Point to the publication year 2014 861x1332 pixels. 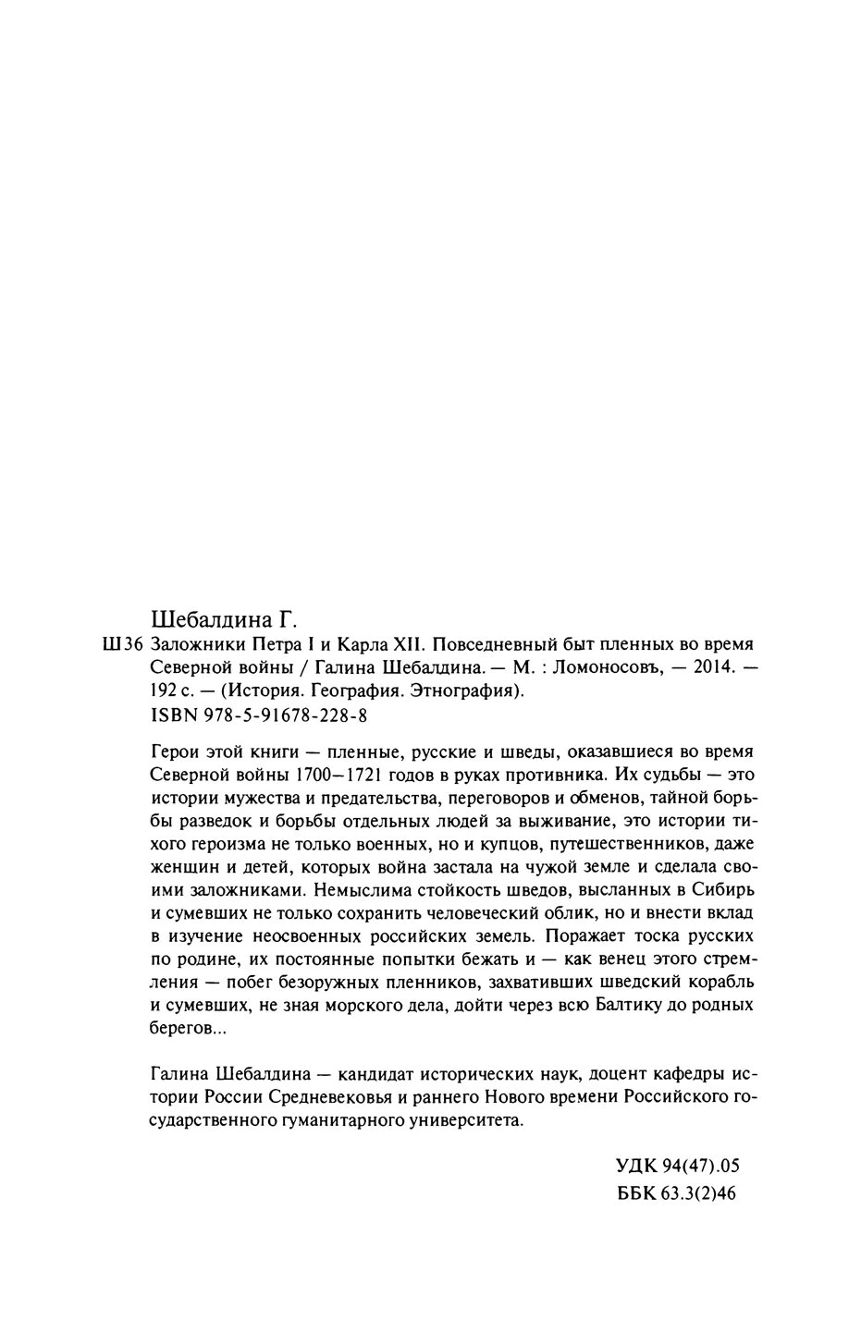point(707,668)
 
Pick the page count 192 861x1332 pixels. point(164,691)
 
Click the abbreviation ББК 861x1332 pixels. point(636,1193)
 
